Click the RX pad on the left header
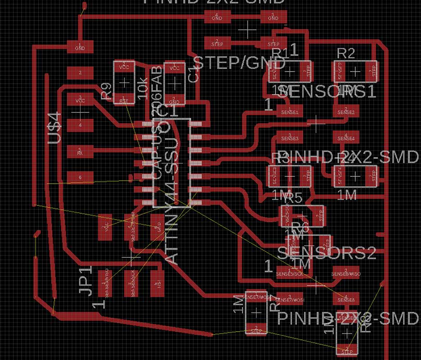click(x=80, y=151)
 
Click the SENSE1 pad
click(x=289, y=110)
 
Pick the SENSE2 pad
click(x=346, y=110)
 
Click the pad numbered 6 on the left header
click(x=80, y=177)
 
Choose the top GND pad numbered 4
click(x=217, y=17)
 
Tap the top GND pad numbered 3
click(x=273, y=17)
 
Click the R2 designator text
click(x=345, y=54)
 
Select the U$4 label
click(x=54, y=129)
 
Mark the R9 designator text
click(x=107, y=91)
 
